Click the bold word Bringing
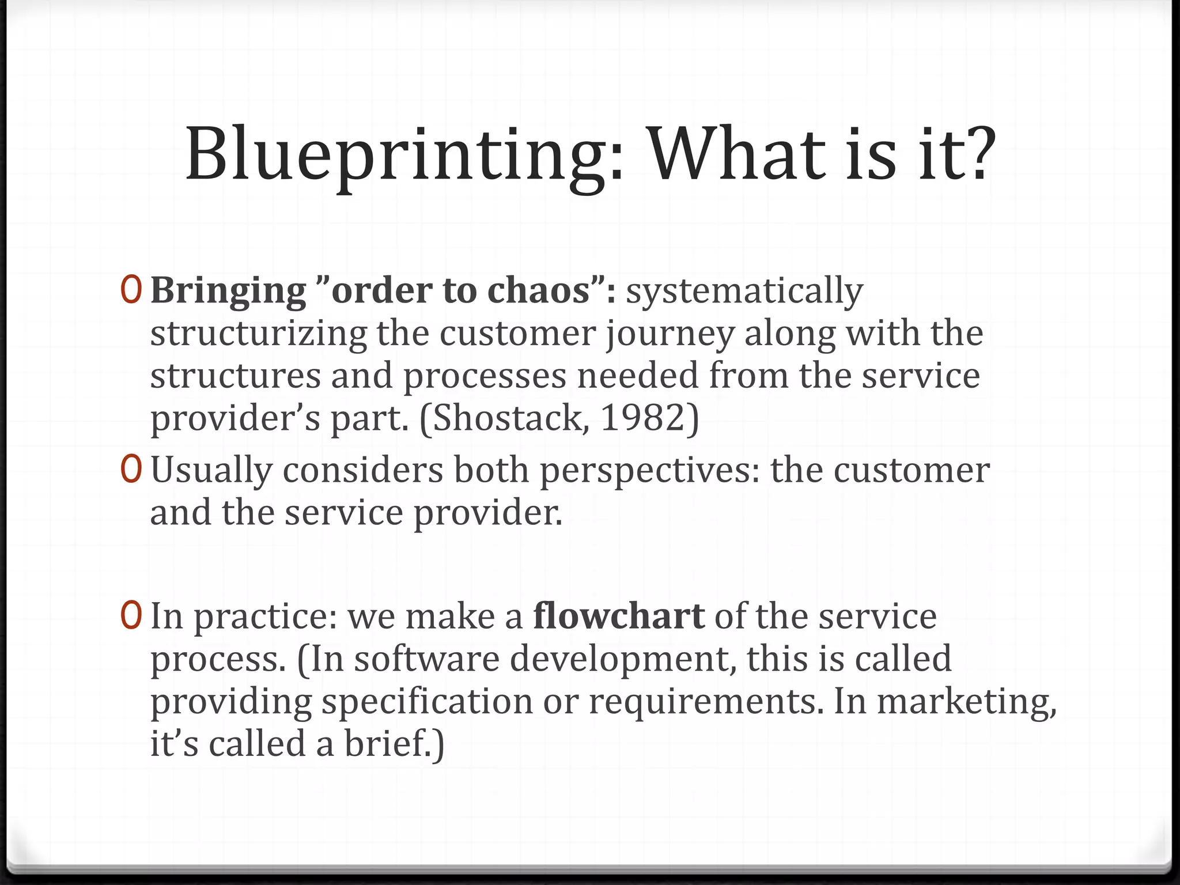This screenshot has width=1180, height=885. [x=228, y=290]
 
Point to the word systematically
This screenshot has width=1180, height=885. [x=744, y=292]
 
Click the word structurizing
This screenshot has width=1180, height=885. [x=258, y=334]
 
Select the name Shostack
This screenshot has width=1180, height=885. [x=510, y=418]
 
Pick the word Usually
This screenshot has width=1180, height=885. [x=211, y=470]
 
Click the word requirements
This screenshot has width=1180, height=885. [x=702, y=702]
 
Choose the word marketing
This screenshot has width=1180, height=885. [x=966, y=702]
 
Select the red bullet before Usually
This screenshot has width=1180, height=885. [x=131, y=470]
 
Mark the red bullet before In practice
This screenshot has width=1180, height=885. [x=131, y=616]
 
